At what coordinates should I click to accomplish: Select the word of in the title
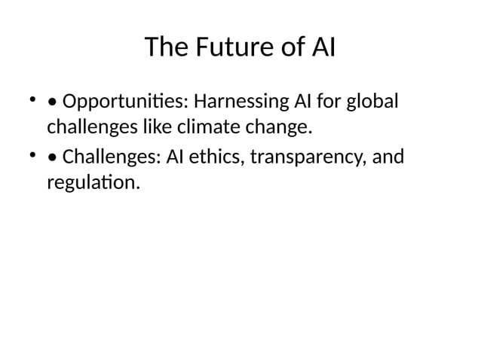tap(288, 48)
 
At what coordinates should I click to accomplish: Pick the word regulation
tap(92, 184)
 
